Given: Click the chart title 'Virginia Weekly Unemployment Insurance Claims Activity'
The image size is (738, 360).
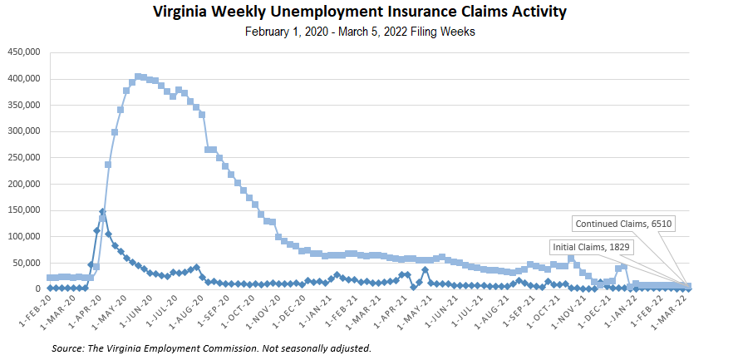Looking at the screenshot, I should click(359, 12).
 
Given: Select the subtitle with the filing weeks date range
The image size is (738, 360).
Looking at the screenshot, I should click(359, 32).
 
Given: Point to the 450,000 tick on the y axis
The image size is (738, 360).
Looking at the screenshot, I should click(24, 52).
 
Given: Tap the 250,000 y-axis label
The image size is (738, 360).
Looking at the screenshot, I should click(24, 158).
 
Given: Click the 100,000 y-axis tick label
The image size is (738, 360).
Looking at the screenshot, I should click(24, 237).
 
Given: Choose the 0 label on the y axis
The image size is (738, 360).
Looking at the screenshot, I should click(37, 289).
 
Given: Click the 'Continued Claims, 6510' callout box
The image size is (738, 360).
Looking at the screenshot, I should click(624, 223).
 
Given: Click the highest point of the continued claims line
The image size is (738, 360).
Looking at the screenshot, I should click(138, 76).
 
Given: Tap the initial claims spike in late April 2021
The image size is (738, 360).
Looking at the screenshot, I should click(425, 269).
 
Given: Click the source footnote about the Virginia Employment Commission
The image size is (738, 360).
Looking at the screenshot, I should click(210, 348).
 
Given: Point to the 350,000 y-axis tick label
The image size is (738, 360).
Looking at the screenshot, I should click(24, 106).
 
